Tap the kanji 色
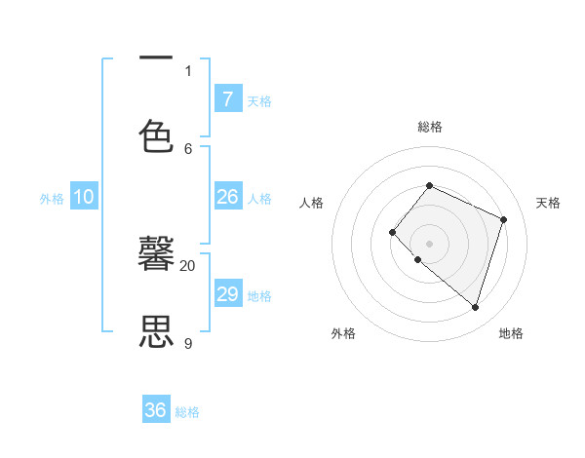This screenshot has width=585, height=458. pyautogui.click(x=156, y=135)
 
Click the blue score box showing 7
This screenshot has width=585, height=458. pyautogui.click(x=227, y=98)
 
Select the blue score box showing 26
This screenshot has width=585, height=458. pyautogui.click(x=227, y=197)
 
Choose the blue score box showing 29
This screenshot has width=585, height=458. pyautogui.click(x=227, y=294)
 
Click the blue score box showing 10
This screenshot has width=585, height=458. pyautogui.click(x=83, y=197)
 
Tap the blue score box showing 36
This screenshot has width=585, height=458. pyautogui.click(x=155, y=410)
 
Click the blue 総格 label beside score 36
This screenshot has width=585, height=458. pyautogui.click(x=187, y=412)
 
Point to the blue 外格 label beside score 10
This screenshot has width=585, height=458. pyautogui.click(x=52, y=199)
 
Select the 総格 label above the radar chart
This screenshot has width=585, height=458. pyautogui.click(x=430, y=127)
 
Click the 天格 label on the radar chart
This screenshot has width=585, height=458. pyautogui.click(x=548, y=203)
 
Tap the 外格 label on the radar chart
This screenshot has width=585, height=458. pyautogui.click(x=343, y=333)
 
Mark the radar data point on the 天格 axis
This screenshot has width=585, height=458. pyautogui.click(x=504, y=219)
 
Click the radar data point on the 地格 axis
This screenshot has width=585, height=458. pyautogui.click(x=475, y=307)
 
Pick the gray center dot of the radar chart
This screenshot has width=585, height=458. pyautogui.click(x=429, y=243)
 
